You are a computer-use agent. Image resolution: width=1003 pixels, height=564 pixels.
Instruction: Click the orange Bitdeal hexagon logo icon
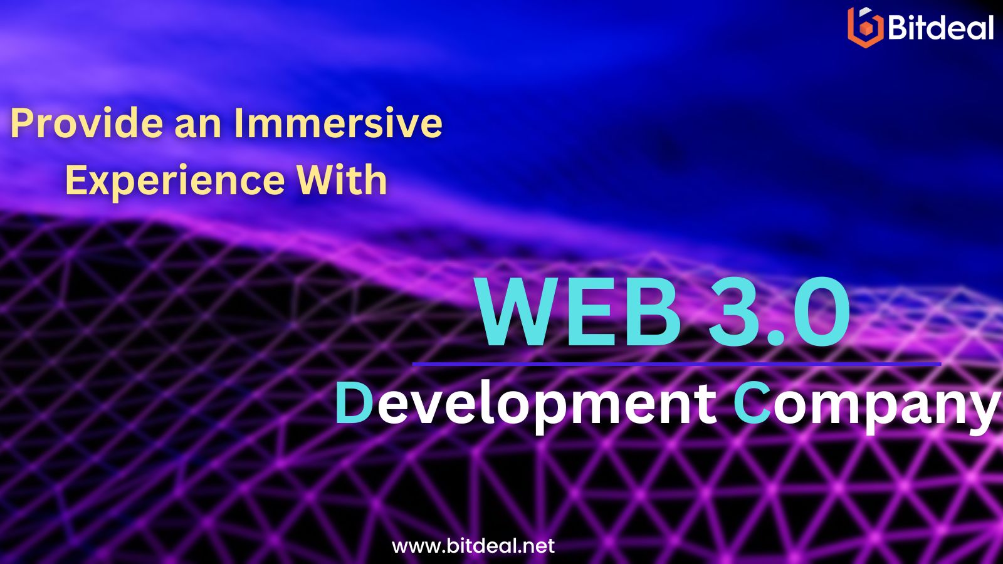(865, 27)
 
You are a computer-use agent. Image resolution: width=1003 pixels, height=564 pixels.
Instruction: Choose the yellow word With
(342, 179)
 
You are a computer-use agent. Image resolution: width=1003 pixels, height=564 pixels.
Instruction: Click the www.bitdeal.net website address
(473, 546)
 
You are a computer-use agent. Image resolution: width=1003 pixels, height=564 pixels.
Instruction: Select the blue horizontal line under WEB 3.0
(676, 364)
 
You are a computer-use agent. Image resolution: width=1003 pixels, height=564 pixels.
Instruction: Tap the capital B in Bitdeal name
(898, 27)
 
